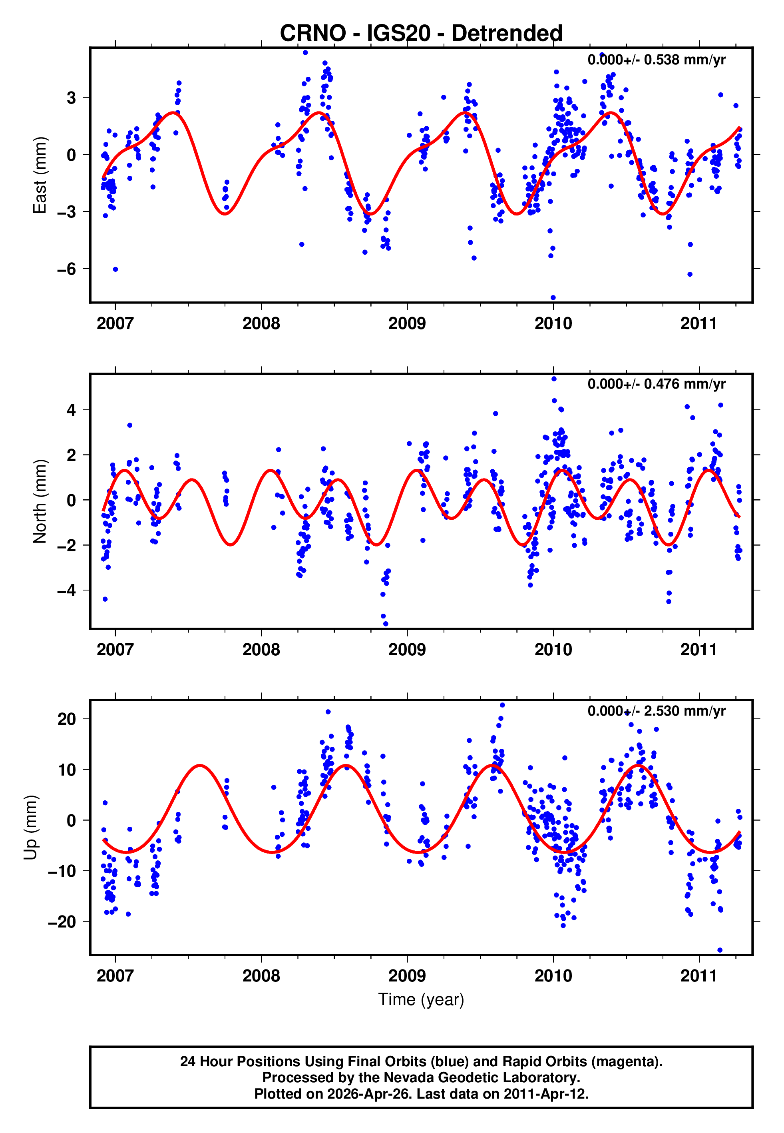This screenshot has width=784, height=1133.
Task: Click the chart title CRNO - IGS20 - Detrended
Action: click(x=421, y=34)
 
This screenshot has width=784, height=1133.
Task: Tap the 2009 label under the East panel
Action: click(x=407, y=323)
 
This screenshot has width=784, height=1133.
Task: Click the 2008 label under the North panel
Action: click(x=261, y=650)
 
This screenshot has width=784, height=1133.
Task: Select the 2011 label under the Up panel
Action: click(x=698, y=975)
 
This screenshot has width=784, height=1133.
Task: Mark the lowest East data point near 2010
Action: click(x=553, y=298)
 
